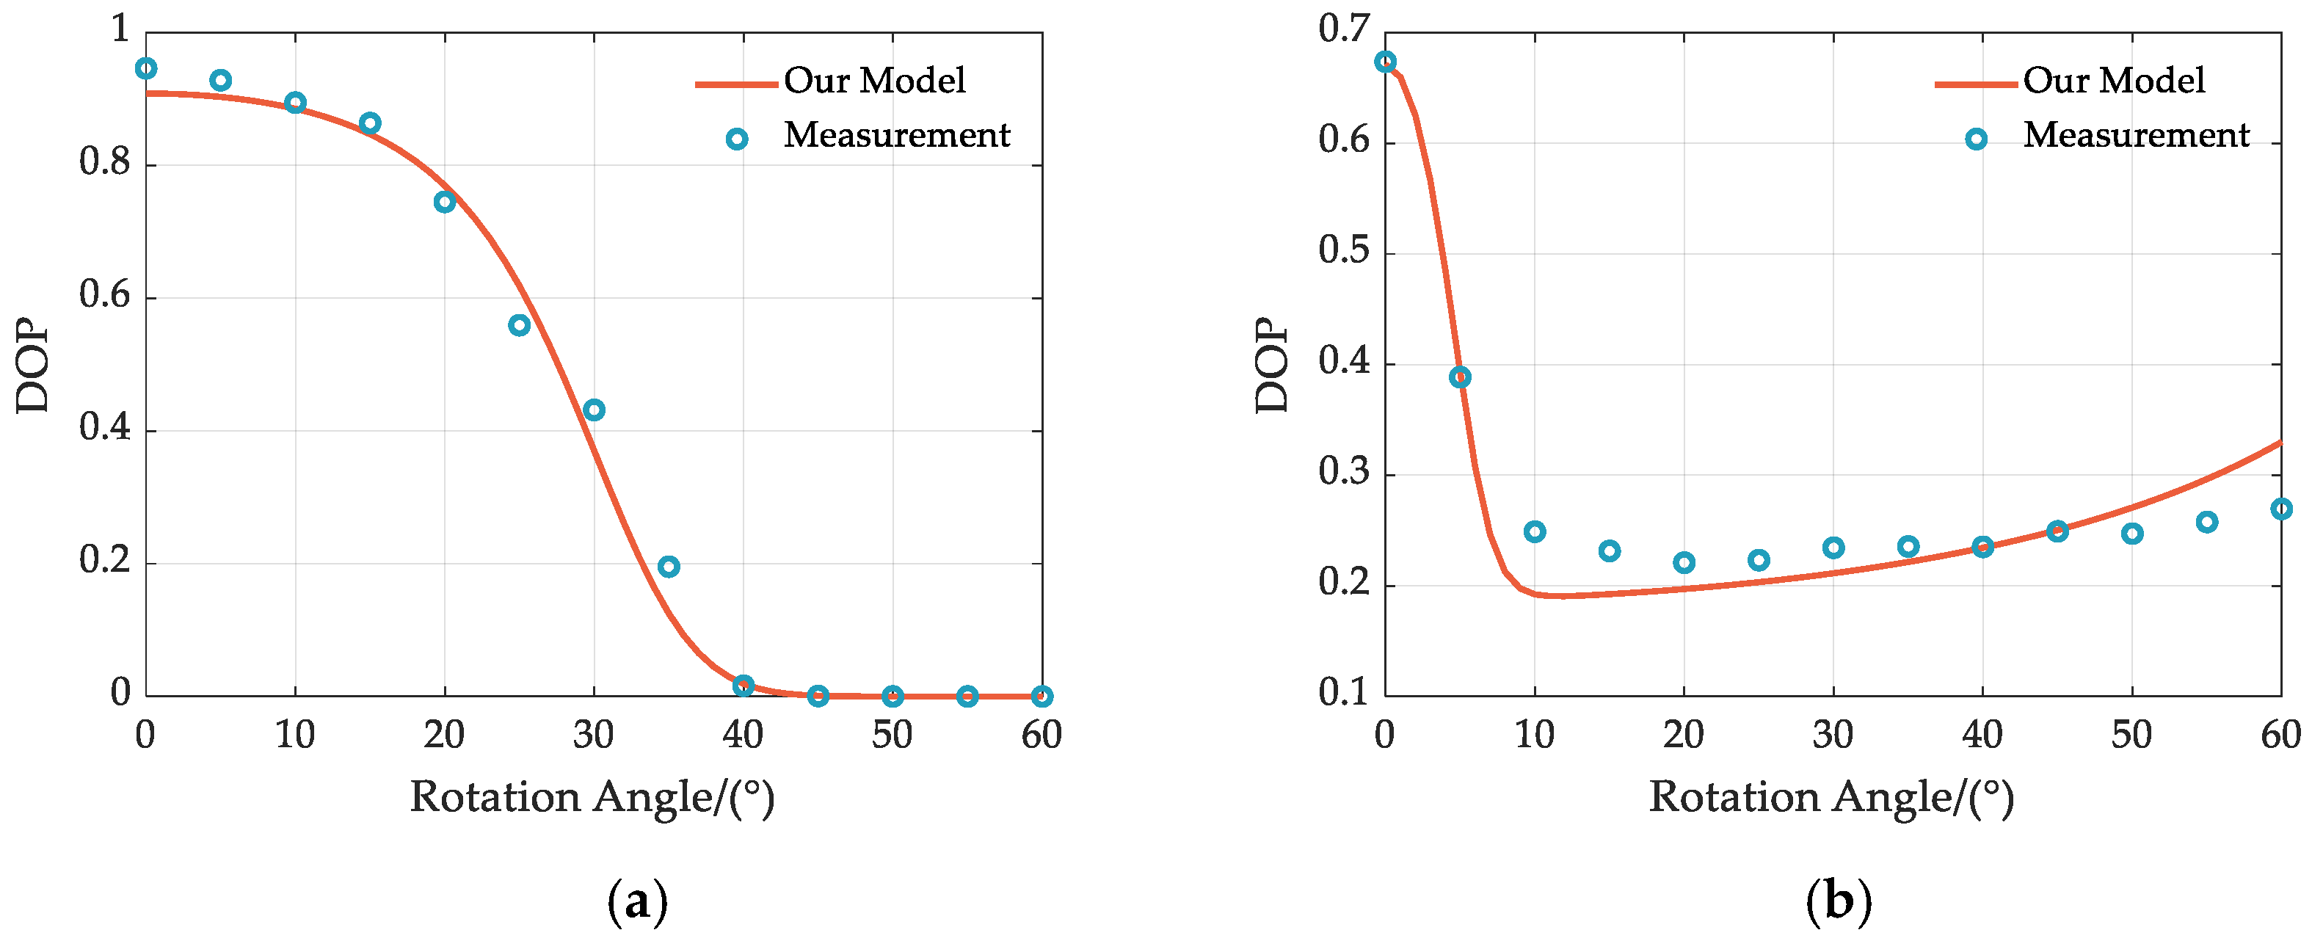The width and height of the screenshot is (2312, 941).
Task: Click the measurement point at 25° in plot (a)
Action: click(x=519, y=325)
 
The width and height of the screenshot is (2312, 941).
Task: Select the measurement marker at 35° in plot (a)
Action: click(x=669, y=567)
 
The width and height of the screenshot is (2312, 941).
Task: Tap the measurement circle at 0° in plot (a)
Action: click(x=145, y=68)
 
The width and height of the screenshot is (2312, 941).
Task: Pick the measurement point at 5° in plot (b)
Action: click(x=1459, y=377)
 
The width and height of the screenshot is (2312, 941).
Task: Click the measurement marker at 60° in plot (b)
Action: click(x=2280, y=508)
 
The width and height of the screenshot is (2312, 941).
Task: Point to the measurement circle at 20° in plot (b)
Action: click(x=1684, y=563)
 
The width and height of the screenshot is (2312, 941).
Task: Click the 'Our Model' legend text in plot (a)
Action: click(x=874, y=81)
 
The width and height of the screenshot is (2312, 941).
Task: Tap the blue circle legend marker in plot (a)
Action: click(x=737, y=139)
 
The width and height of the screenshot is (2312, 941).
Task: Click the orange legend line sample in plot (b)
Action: click(x=1975, y=84)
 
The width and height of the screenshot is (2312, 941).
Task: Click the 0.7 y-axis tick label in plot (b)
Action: click(x=1344, y=29)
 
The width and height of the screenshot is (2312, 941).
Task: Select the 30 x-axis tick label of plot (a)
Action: click(x=593, y=735)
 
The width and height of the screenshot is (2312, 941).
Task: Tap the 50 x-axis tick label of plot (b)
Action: click(x=2131, y=735)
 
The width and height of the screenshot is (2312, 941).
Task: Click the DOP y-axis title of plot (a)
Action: click(x=34, y=366)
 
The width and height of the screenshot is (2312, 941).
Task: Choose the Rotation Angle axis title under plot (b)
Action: click(x=1831, y=797)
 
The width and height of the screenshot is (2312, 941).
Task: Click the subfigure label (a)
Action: click(x=637, y=901)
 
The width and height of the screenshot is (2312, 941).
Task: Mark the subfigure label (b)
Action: click(x=1838, y=901)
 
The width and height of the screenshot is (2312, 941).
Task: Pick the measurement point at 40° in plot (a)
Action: click(x=743, y=686)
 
